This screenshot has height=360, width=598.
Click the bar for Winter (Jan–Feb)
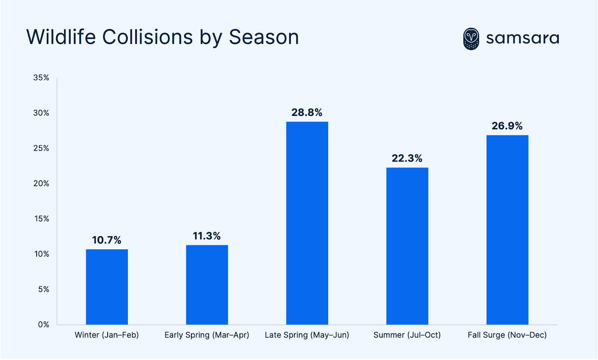coord(107,287)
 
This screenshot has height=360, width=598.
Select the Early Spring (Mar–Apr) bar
coord(207,284)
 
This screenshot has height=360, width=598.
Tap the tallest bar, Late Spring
coord(307,223)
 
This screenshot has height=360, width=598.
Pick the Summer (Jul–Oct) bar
coord(407,246)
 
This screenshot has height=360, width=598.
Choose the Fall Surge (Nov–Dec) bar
coord(507,230)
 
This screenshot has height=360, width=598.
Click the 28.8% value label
coord(307,113)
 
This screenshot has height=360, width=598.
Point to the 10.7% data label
coord(107,240)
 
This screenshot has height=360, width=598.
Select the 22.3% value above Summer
coord(407,159)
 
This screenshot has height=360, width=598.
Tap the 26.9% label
coord(507,126)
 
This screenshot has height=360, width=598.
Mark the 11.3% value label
coord(207,236)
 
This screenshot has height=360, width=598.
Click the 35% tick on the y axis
coord(41,78)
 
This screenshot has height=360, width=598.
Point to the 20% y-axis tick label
coord(41,184)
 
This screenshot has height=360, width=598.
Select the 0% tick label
coord(43,324)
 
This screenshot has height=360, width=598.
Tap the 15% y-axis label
coord(41,219)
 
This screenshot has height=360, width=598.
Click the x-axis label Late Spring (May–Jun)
coord(307,335)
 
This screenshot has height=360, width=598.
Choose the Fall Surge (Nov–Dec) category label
coord(507,335)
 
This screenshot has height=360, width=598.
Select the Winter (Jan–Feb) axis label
coord(107,335)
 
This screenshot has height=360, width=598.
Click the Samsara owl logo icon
coord(471,39)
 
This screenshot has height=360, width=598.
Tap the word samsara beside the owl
coord(523,39)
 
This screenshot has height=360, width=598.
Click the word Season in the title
coord(264,37)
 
